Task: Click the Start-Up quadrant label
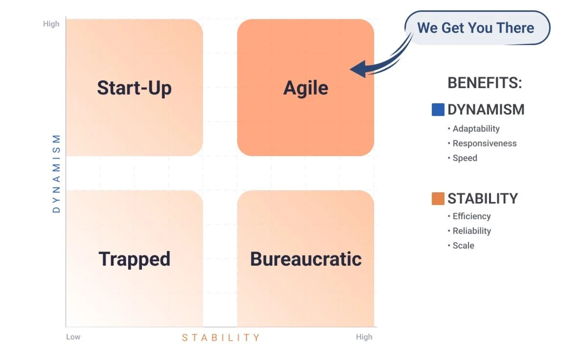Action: click(x=134, y=88)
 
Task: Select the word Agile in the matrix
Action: click(x=306, y=88)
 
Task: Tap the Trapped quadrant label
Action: click(x=134, y=259)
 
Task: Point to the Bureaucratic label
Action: click(x=306, y=259)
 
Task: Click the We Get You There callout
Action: click(x=477, y=28)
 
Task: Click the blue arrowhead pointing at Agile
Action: click(x=358, y=68)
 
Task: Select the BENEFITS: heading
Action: click(x=485, y=83)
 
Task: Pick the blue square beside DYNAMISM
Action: click(x=438, y=110)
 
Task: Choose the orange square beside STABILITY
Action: click(x=438, y=199)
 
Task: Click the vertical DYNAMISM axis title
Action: click(x=56, y=173)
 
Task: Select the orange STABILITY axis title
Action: click(x=221, y=337)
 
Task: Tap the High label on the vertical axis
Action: click(x=51, y=24)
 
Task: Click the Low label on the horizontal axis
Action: click(x=73, y=337)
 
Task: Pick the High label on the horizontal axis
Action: click(x=364, y=337)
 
